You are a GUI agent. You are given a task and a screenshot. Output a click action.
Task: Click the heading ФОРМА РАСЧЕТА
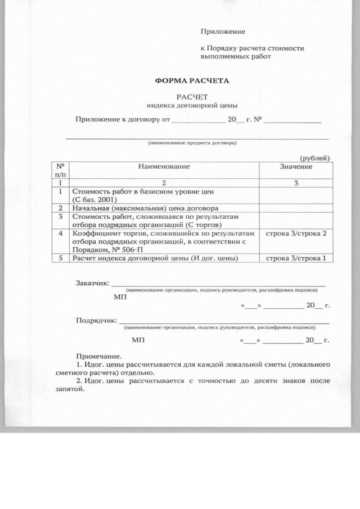(192, 81)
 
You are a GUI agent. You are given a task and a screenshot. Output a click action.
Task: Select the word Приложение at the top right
(223, 32)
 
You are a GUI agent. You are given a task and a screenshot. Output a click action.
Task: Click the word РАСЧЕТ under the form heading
(192, 97)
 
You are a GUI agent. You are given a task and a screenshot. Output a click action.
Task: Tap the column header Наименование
(164, 166)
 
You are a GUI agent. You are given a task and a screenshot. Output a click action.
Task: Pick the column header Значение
(296, 166)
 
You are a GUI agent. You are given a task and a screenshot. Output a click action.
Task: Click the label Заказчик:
(93, 283)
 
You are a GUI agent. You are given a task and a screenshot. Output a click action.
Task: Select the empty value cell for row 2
(296, 208)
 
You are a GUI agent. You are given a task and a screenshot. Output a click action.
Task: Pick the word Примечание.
(98, 356)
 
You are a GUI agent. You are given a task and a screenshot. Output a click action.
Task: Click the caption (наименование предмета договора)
(192, 143)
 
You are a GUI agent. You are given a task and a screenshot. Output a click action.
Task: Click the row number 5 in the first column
(60, 258)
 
